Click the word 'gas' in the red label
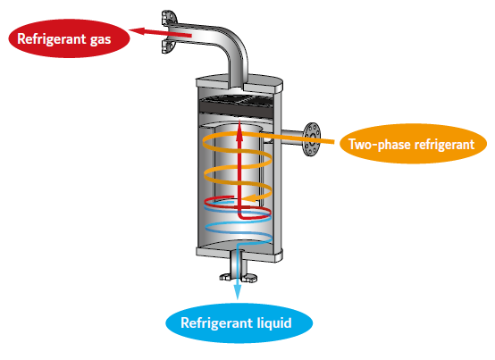[100, 40]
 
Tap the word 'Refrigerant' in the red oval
[52, 38]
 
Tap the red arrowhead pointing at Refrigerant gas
[137, 30]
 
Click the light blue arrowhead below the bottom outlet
[237, 291]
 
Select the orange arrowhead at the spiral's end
[250, 198]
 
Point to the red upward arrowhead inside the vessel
[239, 129]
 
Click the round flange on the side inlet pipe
[312, 139]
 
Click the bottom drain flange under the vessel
[238, 277]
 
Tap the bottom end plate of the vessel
[239, 254]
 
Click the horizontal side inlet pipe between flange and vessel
[292, 138]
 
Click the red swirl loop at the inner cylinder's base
[238, 207]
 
